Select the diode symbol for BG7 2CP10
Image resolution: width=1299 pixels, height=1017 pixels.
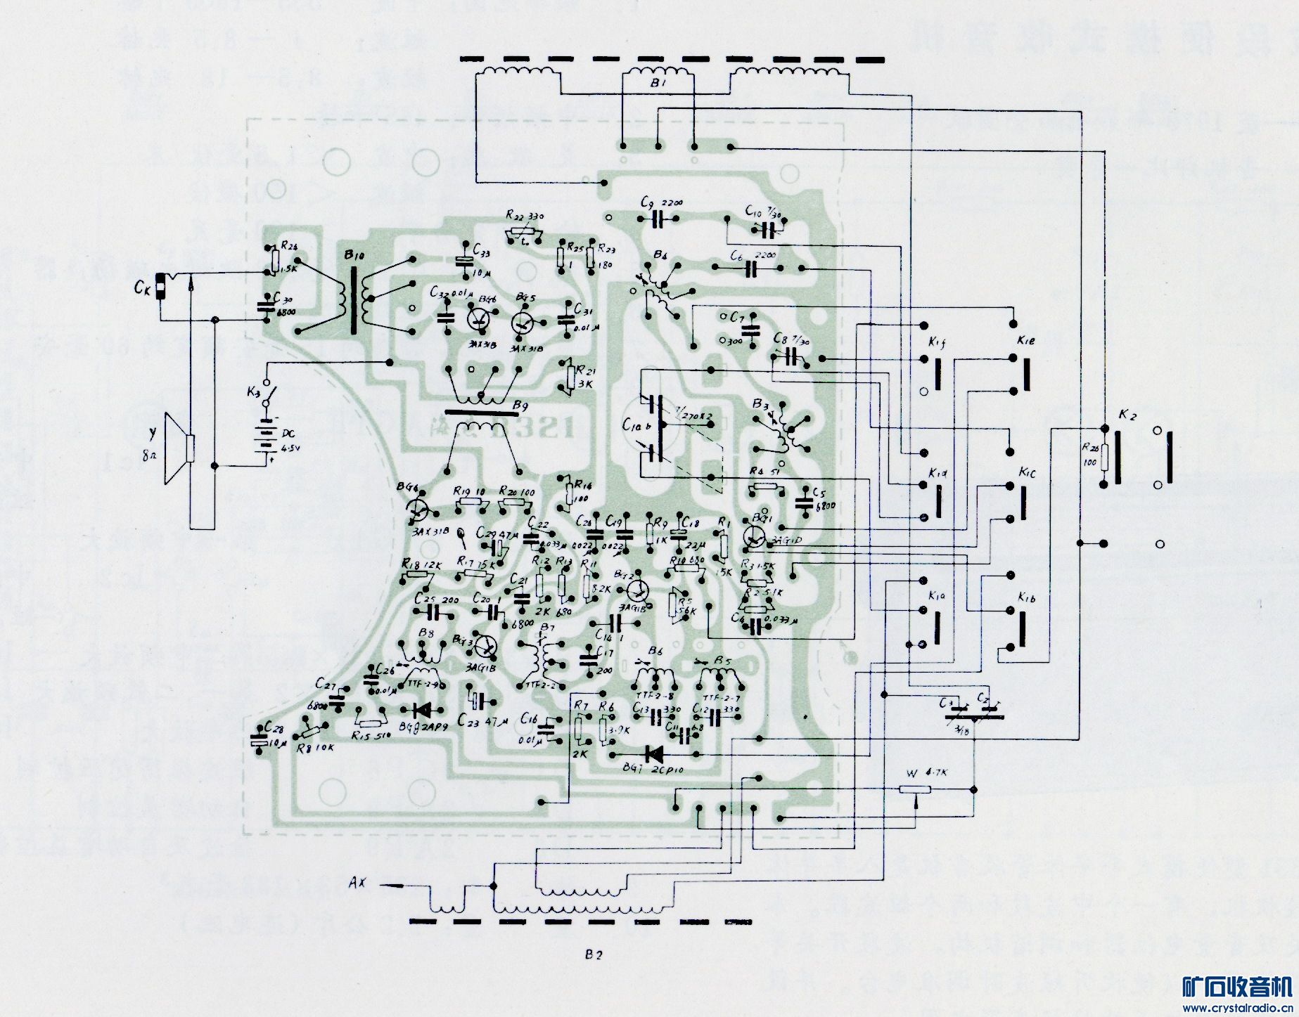(x=653, y=755)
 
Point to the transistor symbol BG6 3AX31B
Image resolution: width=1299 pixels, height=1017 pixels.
(x=418, y=507)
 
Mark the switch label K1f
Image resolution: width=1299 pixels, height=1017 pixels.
(x=936, y=343)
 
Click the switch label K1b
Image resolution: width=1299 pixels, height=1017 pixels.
(x=1025, y=598)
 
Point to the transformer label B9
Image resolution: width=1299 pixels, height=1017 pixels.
(x=521, y=406)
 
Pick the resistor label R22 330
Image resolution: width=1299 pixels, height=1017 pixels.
(x=523, y=214)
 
